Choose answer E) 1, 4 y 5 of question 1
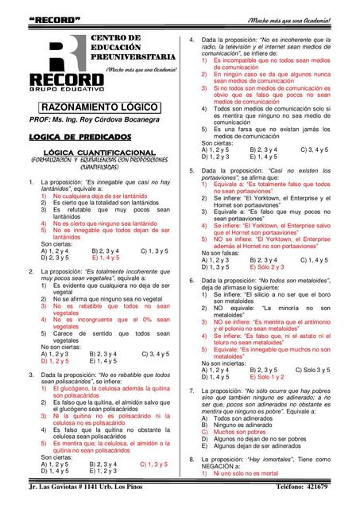106,258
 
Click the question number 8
191,460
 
